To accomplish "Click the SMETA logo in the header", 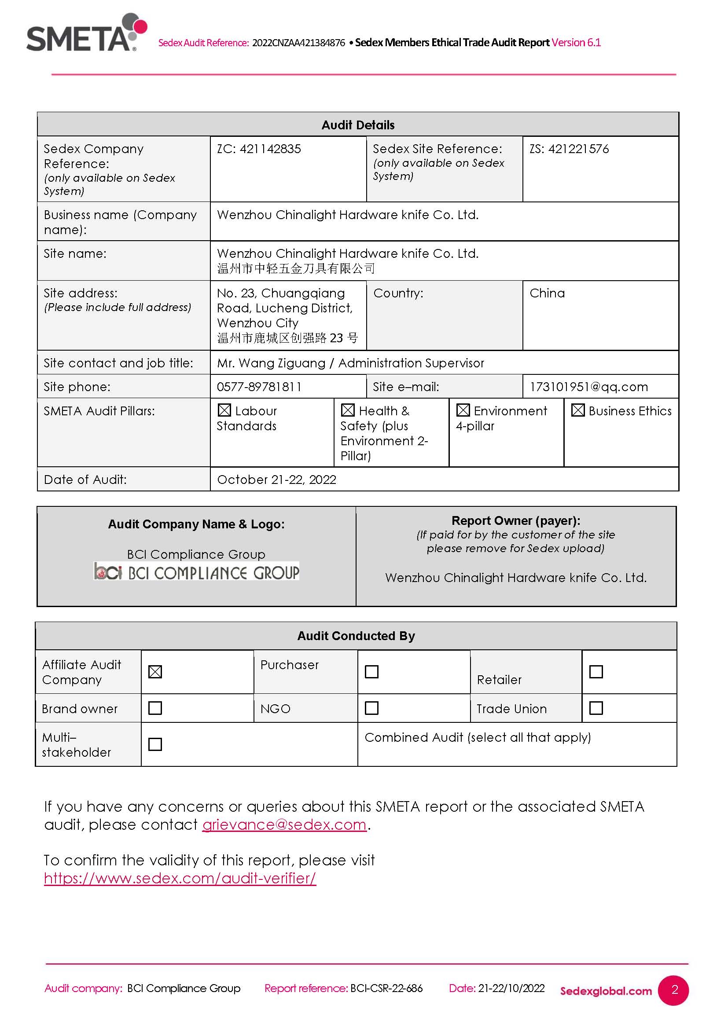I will point(85,33).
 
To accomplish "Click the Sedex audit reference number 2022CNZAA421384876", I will point(298,43).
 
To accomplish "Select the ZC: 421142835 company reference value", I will point(259,149).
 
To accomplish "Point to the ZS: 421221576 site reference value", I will point(569,149).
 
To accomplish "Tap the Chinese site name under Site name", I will point(296,268).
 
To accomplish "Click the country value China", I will point(547,293).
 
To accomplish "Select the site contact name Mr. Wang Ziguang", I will point(271,363).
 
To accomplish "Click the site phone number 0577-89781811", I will point(259,387).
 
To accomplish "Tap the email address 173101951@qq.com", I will point(588,387).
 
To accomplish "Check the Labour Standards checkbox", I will point(224,410).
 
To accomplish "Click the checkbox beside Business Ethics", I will point(578,410).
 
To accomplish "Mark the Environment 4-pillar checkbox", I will point(463,410).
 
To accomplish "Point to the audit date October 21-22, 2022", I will point(276,480).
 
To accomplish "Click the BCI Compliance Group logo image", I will point(196,572).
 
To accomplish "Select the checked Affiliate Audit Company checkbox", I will point(155,672).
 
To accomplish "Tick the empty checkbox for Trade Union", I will point(596,708).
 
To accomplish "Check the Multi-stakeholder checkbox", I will point(155,744).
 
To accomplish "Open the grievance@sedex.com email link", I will point(284,824).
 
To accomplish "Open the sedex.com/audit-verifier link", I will point(180,878).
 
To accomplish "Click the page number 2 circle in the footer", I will point(674,990).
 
